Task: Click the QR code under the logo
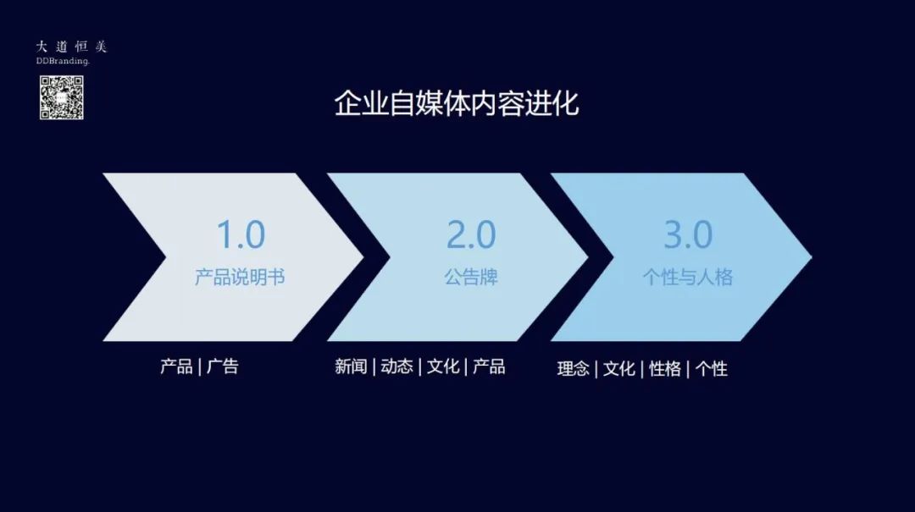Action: pos(61,97)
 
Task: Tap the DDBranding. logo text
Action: pos(63,61)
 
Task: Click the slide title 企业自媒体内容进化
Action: pos(457,103)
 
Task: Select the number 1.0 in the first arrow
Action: pos(241,234)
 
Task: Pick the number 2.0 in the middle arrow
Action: pos(471,234)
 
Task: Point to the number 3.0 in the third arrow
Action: pos(688,234)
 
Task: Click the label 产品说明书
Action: pos(240,277)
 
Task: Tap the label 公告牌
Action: pos(471,277)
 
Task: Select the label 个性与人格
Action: pos(688,277)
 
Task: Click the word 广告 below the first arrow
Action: pos(223,366)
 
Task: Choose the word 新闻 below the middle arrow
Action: pos(351,366)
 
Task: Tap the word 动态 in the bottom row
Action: pos(396,366)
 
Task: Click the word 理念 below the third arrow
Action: pos(573,368)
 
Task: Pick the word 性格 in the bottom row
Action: pos(665,368)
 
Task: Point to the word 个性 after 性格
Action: pos(712,368)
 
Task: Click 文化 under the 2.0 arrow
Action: pos(443,366)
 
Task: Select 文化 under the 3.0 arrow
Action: pos(619,368)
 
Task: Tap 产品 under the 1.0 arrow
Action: pos(176,366)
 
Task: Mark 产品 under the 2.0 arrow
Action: pos(489,366)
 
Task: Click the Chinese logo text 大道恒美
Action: pos(72,47)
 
